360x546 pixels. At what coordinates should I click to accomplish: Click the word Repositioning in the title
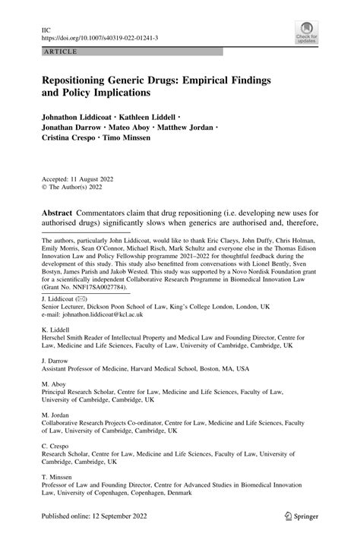tap(79, 79)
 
